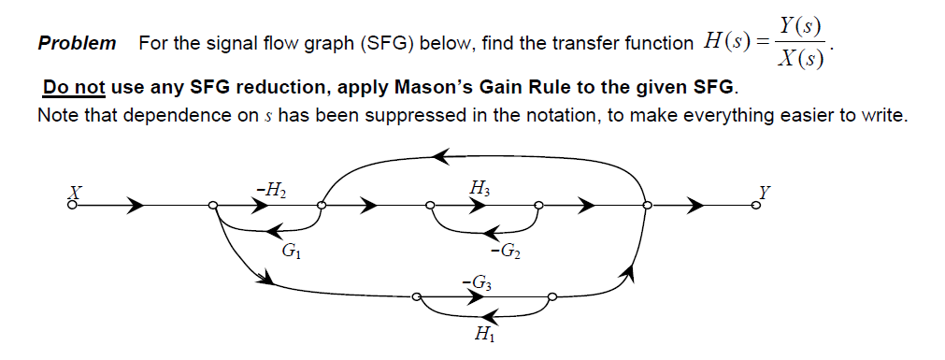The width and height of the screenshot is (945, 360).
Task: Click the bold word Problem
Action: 77,43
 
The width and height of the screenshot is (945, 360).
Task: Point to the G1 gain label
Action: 291,251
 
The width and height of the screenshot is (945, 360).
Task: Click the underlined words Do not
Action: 74,89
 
